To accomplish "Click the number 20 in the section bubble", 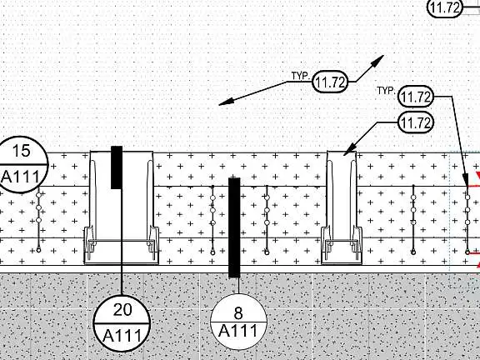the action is coord(122,309).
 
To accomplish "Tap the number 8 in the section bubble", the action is coord(238,313).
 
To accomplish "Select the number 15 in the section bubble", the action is coord(22,151).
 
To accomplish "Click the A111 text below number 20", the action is coord(122,336).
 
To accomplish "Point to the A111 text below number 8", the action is coord(238,331).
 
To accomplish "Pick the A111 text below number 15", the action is coord(20,177).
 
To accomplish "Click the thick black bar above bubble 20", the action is coord(117,167).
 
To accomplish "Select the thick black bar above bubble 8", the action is coord(234,227).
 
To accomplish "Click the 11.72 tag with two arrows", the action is coord(330,82).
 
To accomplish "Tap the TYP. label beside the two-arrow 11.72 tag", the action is coord(300,76).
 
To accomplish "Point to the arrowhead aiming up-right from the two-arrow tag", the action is coord(377,61).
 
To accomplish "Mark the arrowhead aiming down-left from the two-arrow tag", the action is coord(226,102).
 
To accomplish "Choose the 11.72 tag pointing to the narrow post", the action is coord(416,122).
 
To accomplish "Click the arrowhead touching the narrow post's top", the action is coord(349,149).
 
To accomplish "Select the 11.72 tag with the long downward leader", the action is coord(416,97).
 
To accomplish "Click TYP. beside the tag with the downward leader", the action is coord(386,91).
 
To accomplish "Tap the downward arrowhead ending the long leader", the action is coord(466,180).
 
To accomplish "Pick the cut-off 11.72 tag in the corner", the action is coord(445,7).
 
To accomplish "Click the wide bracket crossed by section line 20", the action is coord(121,207).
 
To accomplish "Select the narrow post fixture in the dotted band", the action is coord(342,207).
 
